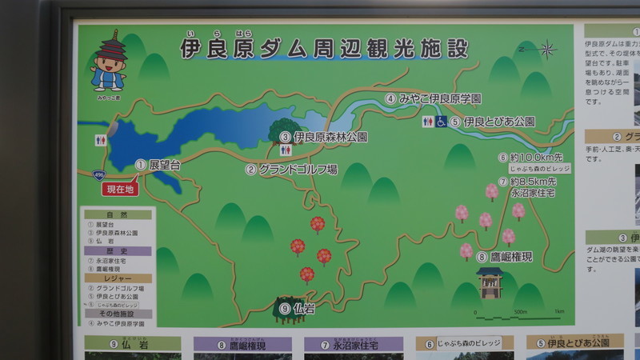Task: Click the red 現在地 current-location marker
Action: [x=119, y=190]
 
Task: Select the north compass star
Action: [x=547, y=50]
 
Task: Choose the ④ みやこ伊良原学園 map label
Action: [x=433, y=99]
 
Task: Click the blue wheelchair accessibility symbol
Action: [x=440, y=122]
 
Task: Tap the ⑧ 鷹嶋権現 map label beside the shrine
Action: [x=504, y=257]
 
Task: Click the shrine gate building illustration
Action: [x=490, y=282]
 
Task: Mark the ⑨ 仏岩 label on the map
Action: [x=297, y=307]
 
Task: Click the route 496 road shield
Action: [x=96, y=173]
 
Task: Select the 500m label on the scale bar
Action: [x=520, y=312]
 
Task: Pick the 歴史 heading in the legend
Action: [x=118, y=250]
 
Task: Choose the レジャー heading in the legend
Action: [x=118, y=278]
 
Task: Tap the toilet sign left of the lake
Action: [x=100, y=139]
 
